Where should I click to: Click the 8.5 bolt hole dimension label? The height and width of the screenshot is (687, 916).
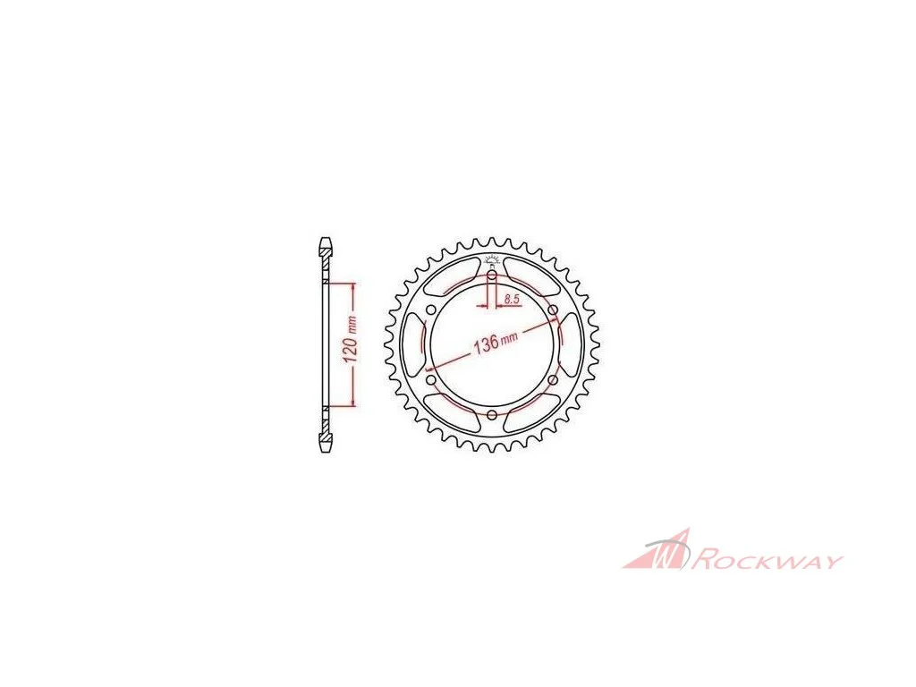click(511, 299)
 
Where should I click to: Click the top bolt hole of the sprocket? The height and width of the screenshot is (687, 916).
click(492, 275)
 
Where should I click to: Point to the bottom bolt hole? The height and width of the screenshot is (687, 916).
click(492, 415)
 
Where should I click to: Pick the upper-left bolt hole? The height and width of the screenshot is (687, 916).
click(432, 310)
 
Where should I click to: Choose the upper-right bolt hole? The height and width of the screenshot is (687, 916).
click(552, 310)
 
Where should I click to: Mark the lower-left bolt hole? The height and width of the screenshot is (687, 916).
click(432, 380)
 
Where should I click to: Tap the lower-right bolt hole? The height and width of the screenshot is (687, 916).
click(552, 380)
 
